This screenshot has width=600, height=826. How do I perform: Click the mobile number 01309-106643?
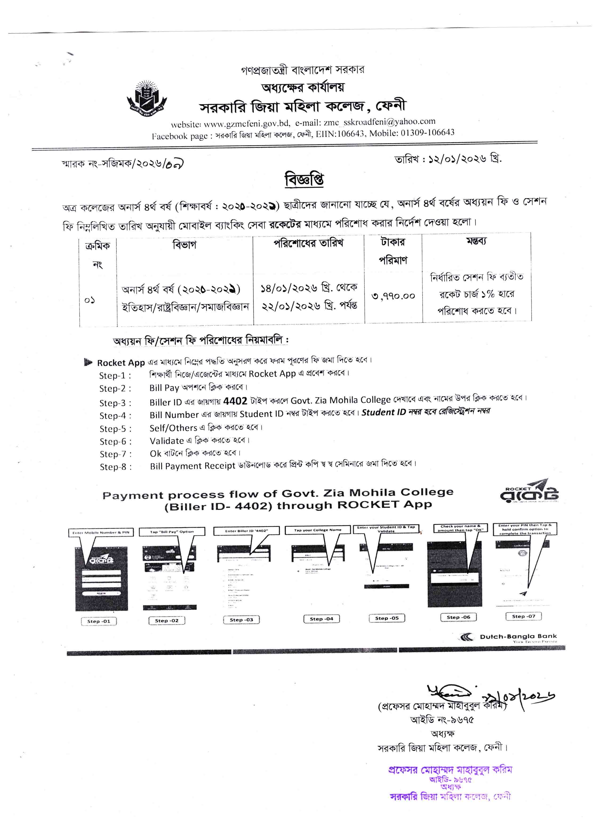coord(428,132)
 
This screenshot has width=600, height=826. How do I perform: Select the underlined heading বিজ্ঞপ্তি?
coord(304,180)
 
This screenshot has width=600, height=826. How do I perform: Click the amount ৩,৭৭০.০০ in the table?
coord(393,296)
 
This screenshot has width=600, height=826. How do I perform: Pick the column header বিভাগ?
coord(184,245)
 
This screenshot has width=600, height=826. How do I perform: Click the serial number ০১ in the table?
coord(90,300)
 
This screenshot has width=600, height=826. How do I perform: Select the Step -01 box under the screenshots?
coord(99,621)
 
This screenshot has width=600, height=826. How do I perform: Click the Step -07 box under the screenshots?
coord(524,616)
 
